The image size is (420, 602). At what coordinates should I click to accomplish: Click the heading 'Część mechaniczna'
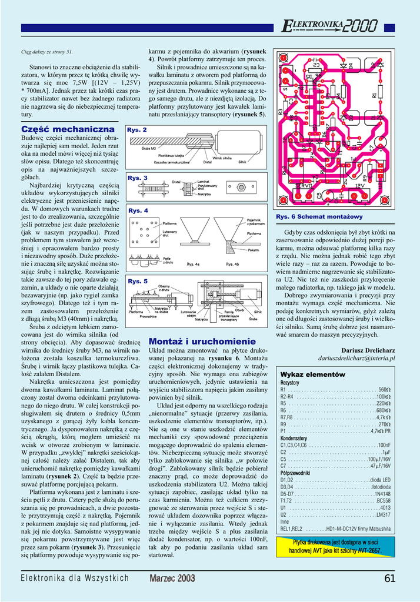(68, 129)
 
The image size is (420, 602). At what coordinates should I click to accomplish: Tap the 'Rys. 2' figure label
(137, 130)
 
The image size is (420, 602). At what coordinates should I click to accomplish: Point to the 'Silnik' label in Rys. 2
(242, 162)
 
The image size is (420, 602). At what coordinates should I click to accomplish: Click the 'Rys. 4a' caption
(194, 265)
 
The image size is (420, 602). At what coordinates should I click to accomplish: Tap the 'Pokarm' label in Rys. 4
(254, 250)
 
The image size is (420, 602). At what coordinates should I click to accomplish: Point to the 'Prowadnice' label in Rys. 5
(148, 316)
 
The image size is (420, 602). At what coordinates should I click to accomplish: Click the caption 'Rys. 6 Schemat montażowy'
(311, 217)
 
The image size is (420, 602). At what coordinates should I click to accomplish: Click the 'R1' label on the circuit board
(374, 95)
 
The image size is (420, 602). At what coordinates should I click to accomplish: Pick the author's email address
(356, 357)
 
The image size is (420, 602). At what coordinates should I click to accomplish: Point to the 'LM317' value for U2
(383, 514)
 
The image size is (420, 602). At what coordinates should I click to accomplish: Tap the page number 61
(389, 578)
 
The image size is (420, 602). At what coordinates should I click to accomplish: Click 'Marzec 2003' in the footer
(172, 578)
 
